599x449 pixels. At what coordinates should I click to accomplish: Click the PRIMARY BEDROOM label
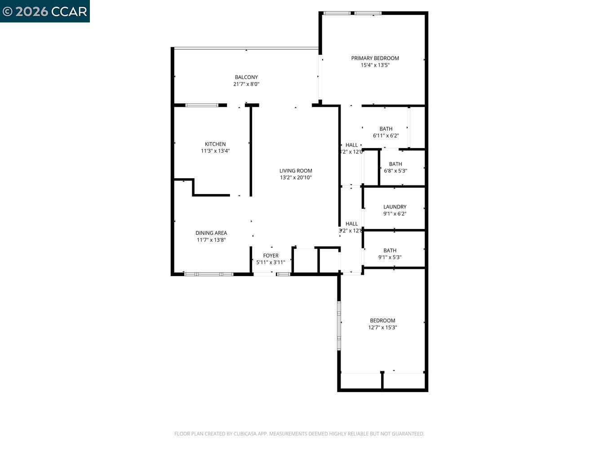[x=375, y=58]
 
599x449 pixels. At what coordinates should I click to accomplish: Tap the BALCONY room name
[x=246, y=77]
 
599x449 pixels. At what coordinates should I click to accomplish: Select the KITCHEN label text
[x=215, y=144]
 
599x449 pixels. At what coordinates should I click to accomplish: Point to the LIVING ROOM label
[x=296, y=171]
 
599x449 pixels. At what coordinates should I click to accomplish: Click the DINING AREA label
[x=211, y=233]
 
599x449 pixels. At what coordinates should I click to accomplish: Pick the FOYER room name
[x=271, y=255]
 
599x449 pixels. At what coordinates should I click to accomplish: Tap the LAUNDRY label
[x=395, y=207]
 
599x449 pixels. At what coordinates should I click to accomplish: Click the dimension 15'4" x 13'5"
[x=375, y=65]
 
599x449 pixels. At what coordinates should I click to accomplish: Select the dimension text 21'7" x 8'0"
[x=246, y=84]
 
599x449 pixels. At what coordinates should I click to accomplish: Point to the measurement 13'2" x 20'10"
[x=296, y=177]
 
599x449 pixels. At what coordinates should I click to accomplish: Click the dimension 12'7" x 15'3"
[x=382, y=327]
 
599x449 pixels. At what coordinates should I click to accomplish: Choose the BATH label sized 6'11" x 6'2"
[x=386, y=129]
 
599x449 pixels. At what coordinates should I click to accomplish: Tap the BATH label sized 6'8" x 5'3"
[x=395, y=164]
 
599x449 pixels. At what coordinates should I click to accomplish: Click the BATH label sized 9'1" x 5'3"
[x=390, y=251]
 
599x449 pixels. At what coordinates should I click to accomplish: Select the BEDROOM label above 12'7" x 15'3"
[x=382, y=321]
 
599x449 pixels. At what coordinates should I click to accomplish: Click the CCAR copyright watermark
[x=45, y=11]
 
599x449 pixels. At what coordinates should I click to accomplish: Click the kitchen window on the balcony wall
[x=202, y=105]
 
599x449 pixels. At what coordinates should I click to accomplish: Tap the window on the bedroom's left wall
[x=339, y=326]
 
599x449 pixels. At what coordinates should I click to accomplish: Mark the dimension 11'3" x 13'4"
[x=215, y=151]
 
